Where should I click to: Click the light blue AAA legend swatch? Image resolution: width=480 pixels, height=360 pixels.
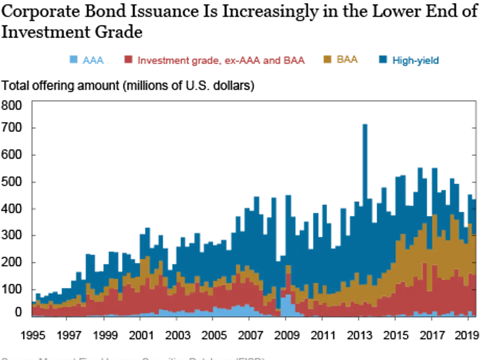pyautogui.click(x=72, y=60)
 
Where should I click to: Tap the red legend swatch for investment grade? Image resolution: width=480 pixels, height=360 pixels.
pyautogui.click(x=128, y=60)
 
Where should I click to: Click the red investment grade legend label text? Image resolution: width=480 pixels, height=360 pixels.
pyautogui.click(x=221, y=60)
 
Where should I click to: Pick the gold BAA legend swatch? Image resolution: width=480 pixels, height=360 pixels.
pyautogui.click(x=327, y=60)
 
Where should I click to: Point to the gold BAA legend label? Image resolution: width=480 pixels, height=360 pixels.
pyautogui.click(x=347, y=60)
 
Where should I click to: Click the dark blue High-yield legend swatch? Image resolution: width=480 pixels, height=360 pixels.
pyautogui.click(x=382, y=60)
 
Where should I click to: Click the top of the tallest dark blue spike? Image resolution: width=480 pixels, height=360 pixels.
pyautogui.click(x=364, y=124)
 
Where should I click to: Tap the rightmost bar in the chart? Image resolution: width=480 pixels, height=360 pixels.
pyautogui.click(x=474, y=262)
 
